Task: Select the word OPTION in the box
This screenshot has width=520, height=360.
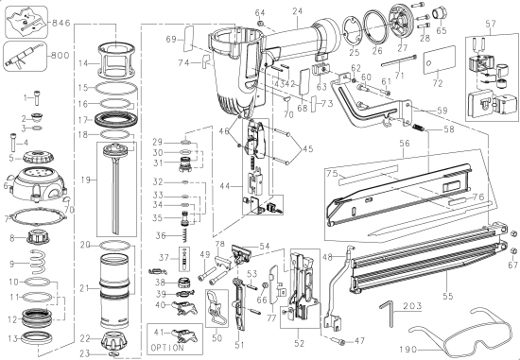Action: (x=175, y=349)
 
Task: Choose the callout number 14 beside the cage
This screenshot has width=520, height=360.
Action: (x=83, y=63)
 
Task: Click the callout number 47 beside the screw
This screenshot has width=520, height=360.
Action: (x=357, y=340)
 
